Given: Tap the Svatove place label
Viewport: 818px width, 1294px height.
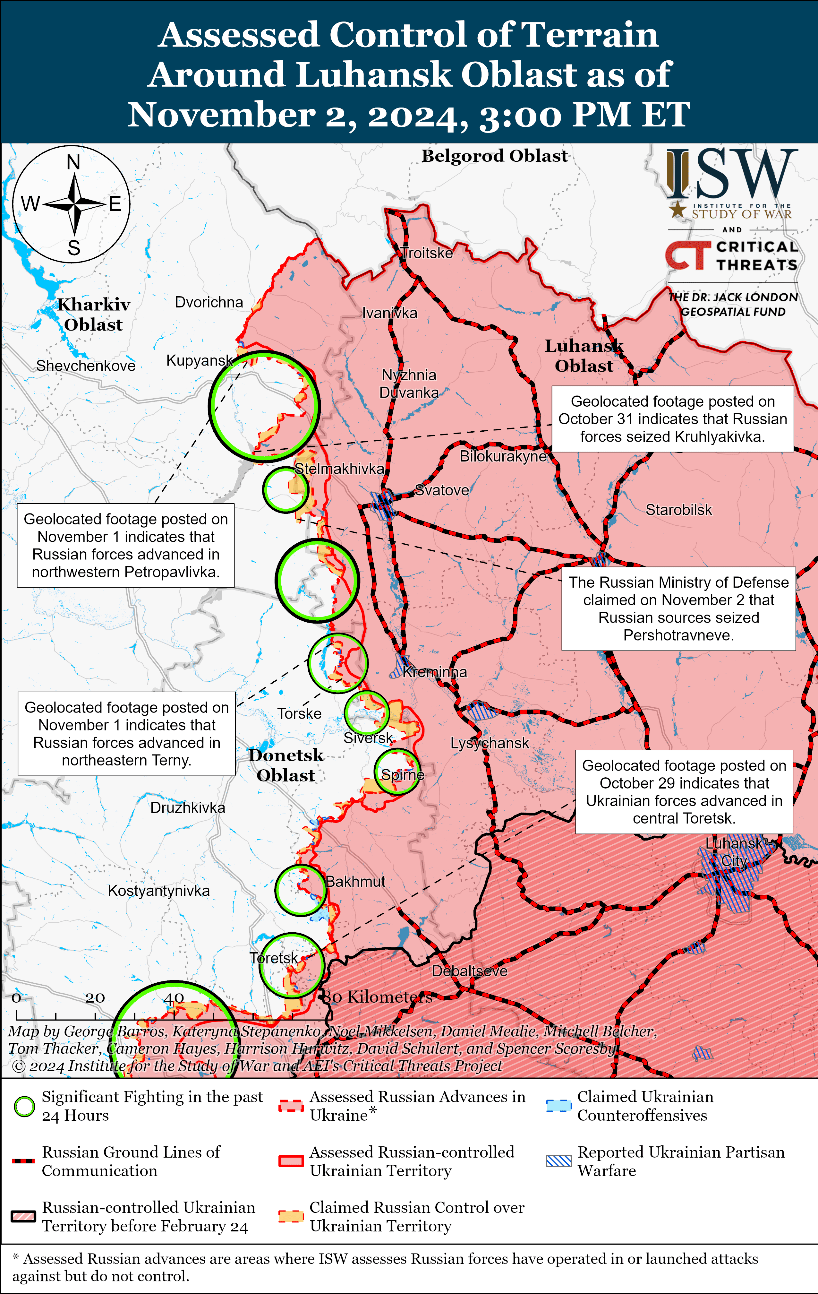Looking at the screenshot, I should click(442, 490).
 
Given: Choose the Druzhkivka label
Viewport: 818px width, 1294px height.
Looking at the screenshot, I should click(187, 808).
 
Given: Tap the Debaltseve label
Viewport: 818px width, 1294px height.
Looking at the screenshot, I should click(469, 971).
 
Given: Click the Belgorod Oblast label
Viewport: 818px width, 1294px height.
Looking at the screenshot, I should click(494, 156).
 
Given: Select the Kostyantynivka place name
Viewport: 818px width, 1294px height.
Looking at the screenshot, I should click(158, 891).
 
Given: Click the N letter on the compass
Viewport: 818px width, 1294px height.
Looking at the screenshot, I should click(73, 162).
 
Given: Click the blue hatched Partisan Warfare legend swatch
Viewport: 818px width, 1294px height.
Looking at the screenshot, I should click(558, 1161).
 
